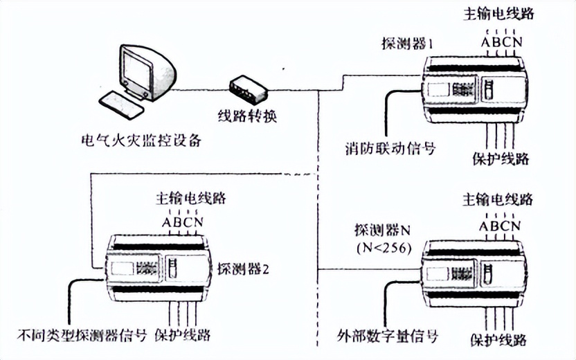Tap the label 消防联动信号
pyautogui.click(x=390, y=147)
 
